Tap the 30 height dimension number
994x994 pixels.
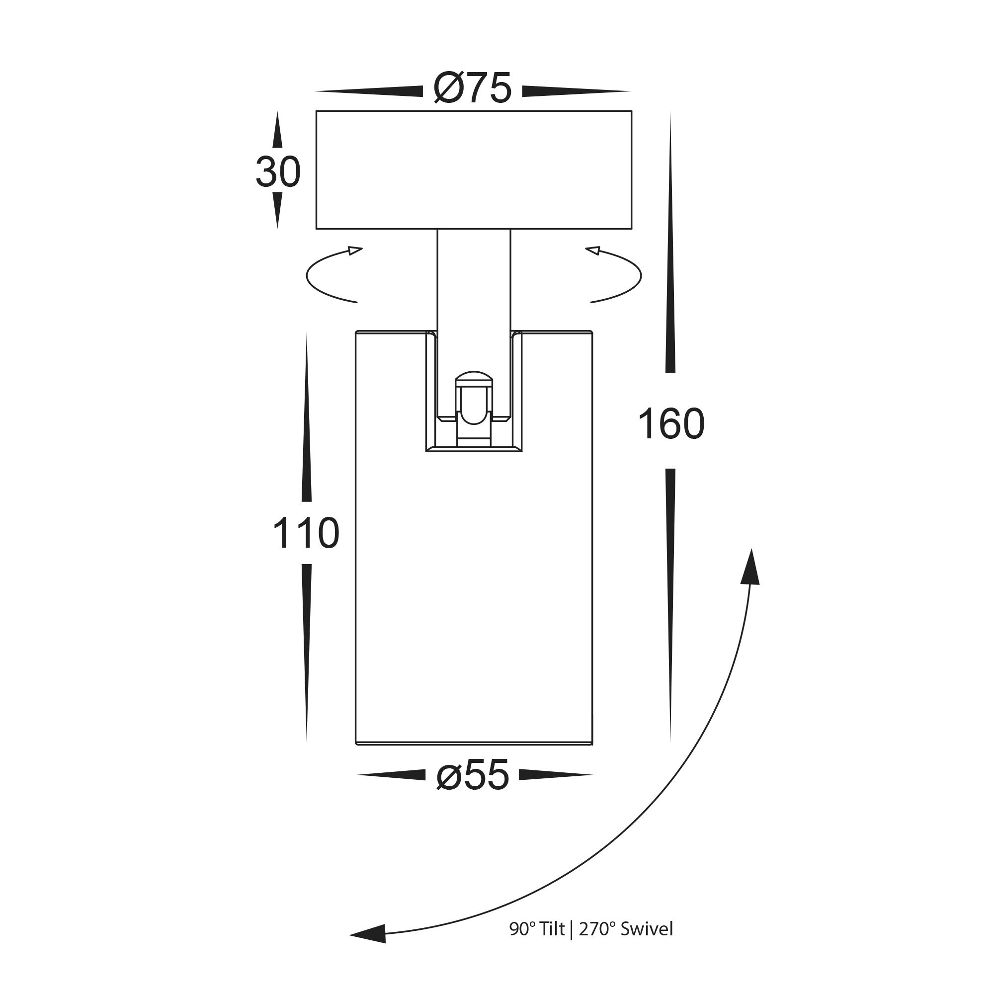click(x=278, y=172)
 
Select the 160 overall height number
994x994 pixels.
click(x=671, y=424)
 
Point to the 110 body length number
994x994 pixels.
click(x=306, y=533)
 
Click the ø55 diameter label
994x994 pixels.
click(x=472, y=775)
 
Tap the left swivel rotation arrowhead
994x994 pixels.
click(x=355, y=250)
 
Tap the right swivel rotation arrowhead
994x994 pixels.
click(x=593, y=250)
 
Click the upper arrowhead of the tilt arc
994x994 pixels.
click(x=750, y=567)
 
